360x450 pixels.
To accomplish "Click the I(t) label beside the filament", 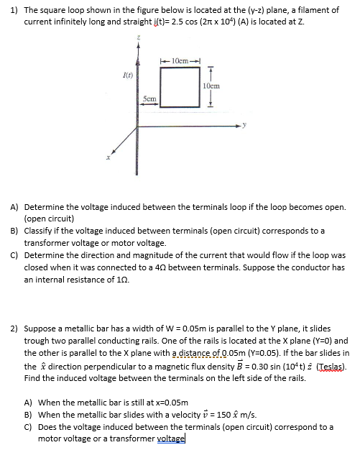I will point(126,72).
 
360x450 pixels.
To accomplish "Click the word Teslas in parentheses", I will point(325,367).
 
